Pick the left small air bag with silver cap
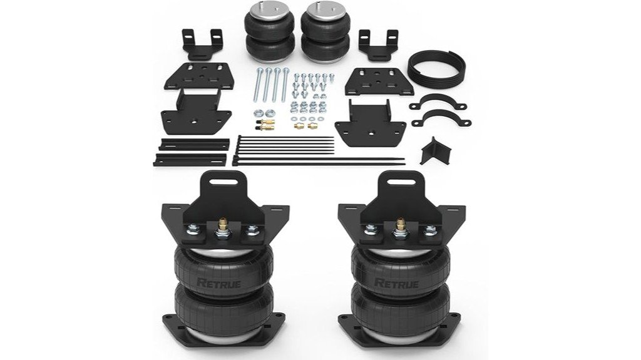266,31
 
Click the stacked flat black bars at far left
190,152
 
